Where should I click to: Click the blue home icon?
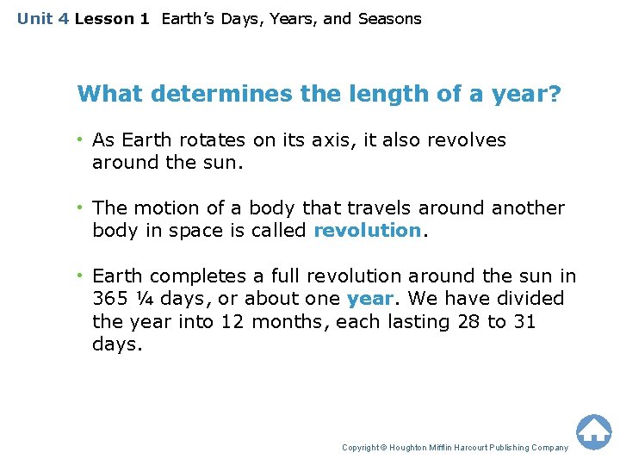click(x=593, y=431)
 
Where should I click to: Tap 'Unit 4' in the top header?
click(x=43, y=19)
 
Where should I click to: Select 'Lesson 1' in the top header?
click(x=112, y=19)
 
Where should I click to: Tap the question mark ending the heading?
click(x=555, y=94)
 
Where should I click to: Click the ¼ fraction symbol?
click(x=144, y=299)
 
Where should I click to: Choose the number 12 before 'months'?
click(x=232, y=322)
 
